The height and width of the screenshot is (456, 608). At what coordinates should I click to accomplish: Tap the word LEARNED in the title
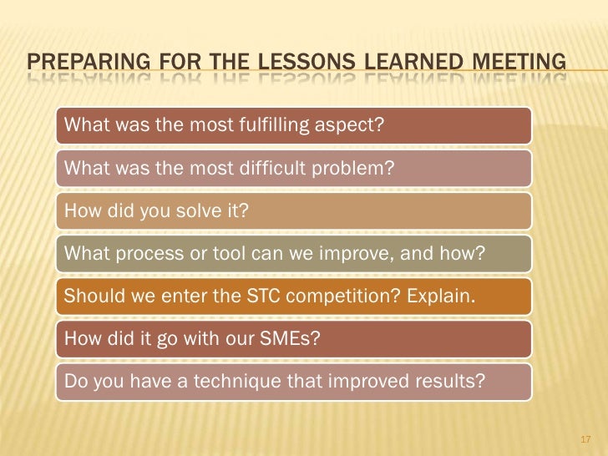tap(405, 61)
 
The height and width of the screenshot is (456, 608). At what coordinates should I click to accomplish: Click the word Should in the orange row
tap(90, 297)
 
